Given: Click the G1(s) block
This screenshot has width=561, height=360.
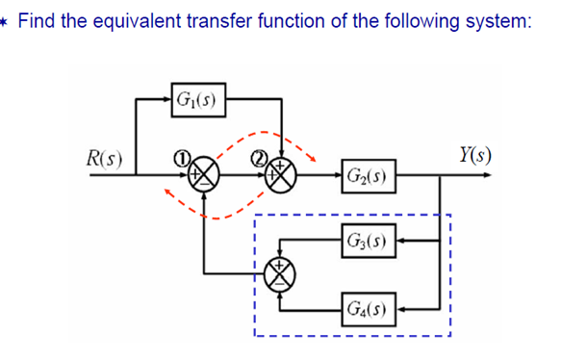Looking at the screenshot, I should tap(196, 97).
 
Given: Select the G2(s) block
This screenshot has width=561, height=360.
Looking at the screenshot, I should tap(367, 176).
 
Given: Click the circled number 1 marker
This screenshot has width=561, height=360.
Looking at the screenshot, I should tap(179, 154).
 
